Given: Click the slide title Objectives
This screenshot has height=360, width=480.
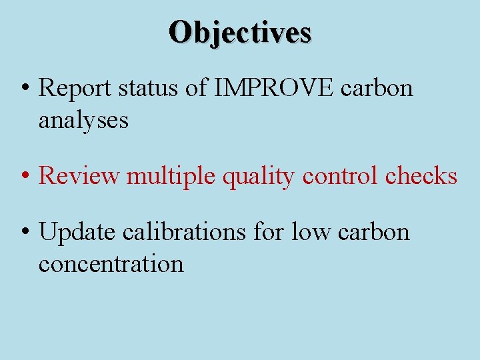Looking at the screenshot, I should pyautogui.click(x=240, y=31).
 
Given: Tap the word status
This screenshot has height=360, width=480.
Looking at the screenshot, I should pyautogui.click(x=151, y=88).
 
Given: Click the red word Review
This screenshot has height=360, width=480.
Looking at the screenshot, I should pyautogui.click(x=79, y=176).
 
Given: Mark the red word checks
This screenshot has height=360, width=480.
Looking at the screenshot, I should pyautogui.click(x=421, y=176).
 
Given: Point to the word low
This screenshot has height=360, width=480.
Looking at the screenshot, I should pyautogui.click(x=311, y=232).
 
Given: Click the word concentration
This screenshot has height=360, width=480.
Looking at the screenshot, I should pyautogui.click(x=111, y=264).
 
